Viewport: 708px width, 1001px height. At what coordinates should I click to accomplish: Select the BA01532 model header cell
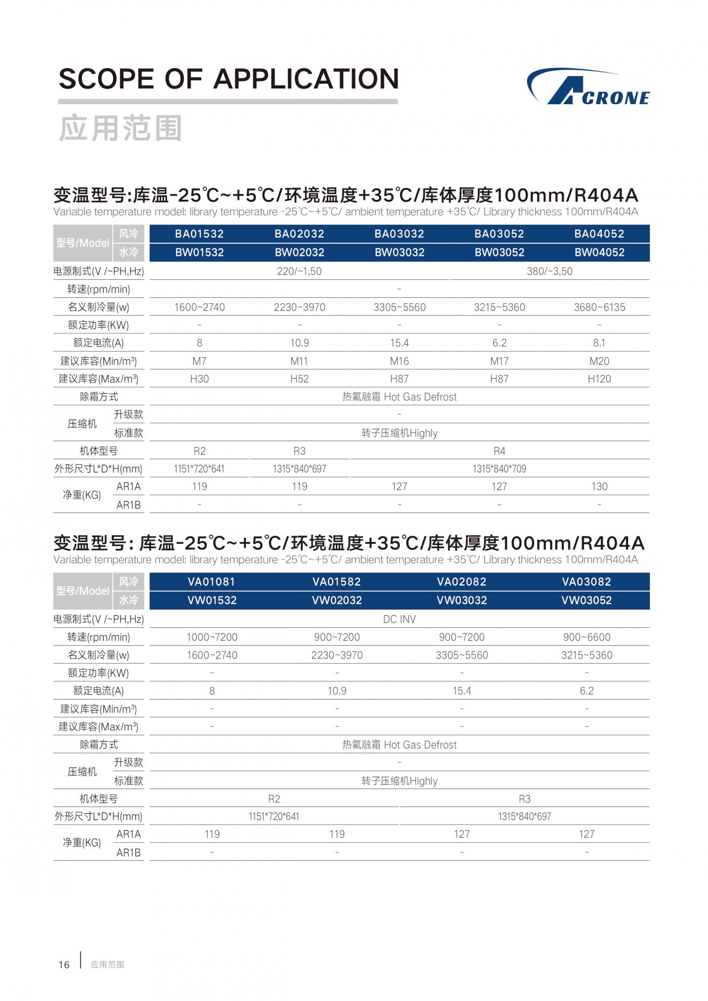tap(199, 234)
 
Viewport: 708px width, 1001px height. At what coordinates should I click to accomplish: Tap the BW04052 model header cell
tap(599, 252)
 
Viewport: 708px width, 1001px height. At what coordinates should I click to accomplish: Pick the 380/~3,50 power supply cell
tap(549, 271)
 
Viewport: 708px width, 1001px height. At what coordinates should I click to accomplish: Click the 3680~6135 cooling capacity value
tap(599, 307)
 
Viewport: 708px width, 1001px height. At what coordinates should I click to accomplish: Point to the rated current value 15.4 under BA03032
tap(399, 343)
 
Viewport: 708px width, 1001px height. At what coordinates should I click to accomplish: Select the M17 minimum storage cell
tap(499, 361)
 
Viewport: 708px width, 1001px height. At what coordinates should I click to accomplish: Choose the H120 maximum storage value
tap(599, 379)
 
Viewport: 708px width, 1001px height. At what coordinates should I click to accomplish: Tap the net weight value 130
tap(599, 487)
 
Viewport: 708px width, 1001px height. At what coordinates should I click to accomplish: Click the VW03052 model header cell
tap(587, 600)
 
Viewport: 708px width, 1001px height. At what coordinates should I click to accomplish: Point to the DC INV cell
tap(399, 619)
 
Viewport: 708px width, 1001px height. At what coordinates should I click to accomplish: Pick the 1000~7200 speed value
tap(212, 637)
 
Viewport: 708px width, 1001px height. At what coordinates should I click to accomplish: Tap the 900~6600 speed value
tap(587, 637)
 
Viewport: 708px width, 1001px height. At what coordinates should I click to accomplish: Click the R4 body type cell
tap(499, 451)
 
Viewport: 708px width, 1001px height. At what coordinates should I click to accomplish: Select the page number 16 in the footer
tap(64, 965)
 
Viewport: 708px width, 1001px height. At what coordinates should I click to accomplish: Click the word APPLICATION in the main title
tap(306, 79)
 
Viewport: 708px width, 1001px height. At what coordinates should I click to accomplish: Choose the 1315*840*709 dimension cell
tap(499, 469)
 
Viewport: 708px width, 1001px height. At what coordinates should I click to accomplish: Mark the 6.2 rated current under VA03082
tap(587, 691)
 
